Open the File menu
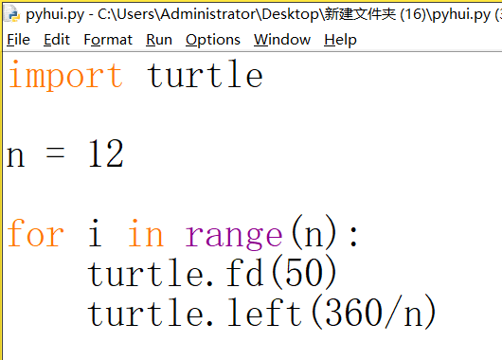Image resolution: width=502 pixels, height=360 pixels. tap(18, 40)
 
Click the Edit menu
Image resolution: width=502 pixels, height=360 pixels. tap(57, 40)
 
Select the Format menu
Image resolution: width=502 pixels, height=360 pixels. tap(108, 40)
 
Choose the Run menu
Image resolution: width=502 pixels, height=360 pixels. tap(159, 40)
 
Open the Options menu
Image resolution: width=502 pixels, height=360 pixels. tap(213, 40)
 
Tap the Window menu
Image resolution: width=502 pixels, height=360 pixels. tap(282, 40)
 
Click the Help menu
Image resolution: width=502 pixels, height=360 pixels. tap(340, 40)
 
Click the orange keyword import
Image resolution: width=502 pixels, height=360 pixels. tap(65, 76)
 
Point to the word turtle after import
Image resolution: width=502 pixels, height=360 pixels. tap(206, 76)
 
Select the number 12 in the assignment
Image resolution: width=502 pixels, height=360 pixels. tap(106, 154)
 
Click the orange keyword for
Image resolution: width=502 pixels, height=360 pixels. tap(35, 234)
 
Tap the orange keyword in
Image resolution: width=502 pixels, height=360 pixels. tap(146, 234)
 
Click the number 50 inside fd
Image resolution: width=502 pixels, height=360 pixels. tap(304, 274)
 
